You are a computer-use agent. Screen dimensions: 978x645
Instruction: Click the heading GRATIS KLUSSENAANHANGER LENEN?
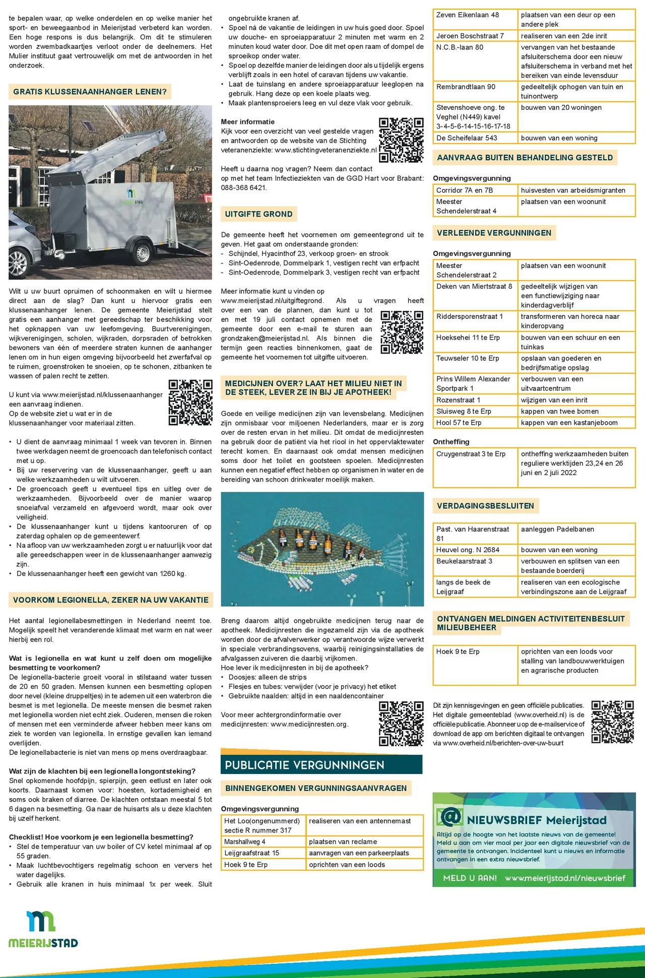(x=90, y=92)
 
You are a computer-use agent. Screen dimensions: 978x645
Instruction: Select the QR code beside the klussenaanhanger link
(x=190, y=403)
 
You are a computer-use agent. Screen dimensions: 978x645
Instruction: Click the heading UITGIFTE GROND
(x=259, y=214)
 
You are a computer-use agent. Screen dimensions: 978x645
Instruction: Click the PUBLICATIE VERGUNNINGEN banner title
(x=304, y=765)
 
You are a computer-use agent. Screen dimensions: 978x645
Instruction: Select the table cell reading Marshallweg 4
(x=245, y=841)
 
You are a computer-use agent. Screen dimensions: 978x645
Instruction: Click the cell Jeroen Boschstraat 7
(x=470, y=36)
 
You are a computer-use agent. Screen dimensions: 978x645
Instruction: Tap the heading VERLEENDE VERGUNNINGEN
(x=494, y=233)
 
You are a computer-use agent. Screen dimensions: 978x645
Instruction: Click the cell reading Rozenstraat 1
(x=458, y=400)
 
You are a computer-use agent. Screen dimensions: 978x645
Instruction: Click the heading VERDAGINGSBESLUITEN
(x=485, y=506)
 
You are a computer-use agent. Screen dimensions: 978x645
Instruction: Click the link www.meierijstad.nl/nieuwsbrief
(x=565, y=878)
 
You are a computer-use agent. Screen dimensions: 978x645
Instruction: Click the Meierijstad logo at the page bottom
(x=43, y=929)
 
